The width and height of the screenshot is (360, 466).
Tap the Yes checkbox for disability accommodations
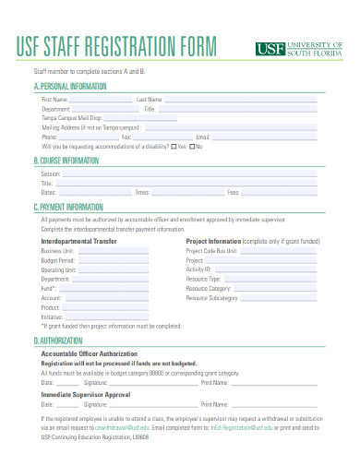coord(174,146)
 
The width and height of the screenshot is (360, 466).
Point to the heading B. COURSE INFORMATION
coord(66,160)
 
